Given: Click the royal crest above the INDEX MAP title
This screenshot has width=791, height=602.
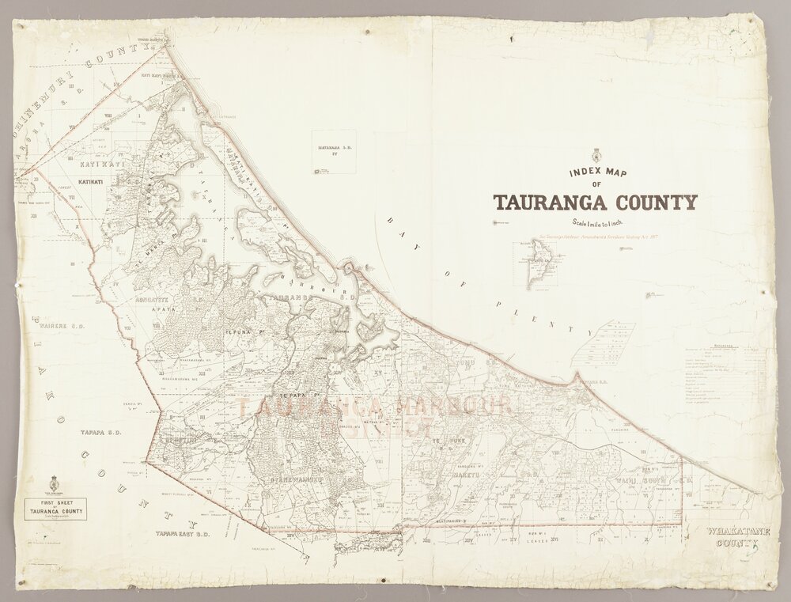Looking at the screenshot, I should click(596, 155).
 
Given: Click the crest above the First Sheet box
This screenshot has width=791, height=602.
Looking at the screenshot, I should click(55, 481).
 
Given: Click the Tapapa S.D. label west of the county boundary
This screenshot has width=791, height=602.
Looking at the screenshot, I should click(99, 434).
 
